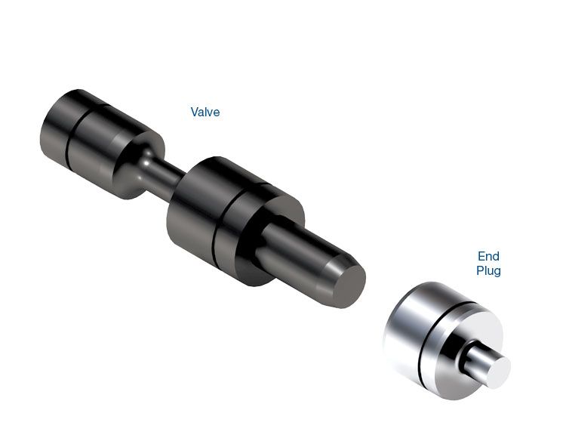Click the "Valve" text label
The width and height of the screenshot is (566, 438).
[x=205, y=112]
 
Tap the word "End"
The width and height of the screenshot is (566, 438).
[x=488, y=256]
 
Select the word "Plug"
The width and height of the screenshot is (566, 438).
[x=488, y=271]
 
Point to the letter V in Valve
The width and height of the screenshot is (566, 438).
[x=195, y=112]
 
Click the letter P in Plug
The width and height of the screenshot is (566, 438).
[x=480, y=270]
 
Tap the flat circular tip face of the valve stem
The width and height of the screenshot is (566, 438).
[x=349, y=286]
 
